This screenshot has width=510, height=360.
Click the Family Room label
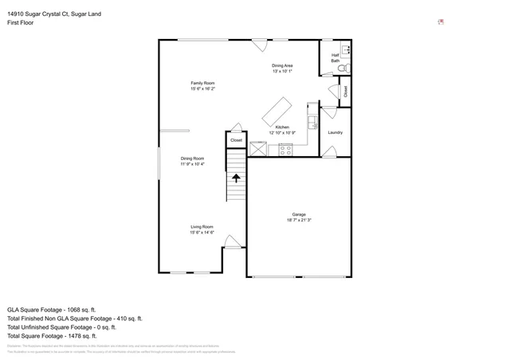[x=202, y=83]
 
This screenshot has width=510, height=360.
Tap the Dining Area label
[x=282, y=65]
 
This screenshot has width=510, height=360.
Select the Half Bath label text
[x=335, y=57]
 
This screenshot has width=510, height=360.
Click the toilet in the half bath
[x=342, y=70]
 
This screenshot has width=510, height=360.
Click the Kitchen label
[x=282, y=127]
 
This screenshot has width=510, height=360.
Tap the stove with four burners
[x=285, y=149]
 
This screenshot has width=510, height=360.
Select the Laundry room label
[x=335, y=132]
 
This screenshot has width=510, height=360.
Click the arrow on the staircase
[x=237, y=178]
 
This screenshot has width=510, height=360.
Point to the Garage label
[x=298, y=215]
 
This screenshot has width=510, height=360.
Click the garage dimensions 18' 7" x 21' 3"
[x=298, y=221]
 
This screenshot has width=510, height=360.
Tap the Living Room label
[x=202, y=226]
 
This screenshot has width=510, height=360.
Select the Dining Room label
[x=192, y=158]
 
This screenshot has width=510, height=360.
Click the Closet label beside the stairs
[x=236, y=140]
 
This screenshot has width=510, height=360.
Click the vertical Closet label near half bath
[x=345, y=92]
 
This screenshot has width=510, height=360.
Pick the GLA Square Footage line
[x=51, y=309]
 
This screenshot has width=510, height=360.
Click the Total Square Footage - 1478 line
[x=62, y=335]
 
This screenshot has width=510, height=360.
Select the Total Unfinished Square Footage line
[x=61, y=327]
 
